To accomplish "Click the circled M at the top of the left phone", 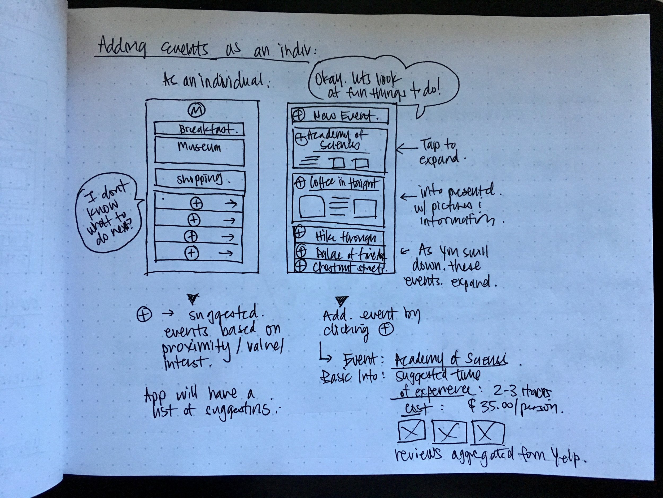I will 196,111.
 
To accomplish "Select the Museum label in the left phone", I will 199,147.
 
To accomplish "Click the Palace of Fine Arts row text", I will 349,254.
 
